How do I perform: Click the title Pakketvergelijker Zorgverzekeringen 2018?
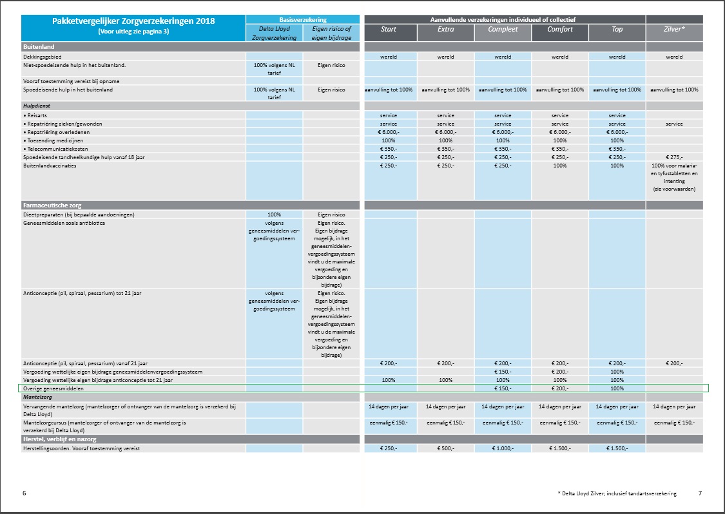(x=133, y=21)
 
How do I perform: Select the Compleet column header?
(x=503, y=29)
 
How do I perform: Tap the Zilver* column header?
(x=674, y=29)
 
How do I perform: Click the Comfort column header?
(x=560, y=29)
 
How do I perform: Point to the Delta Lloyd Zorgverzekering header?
(x=274, y=33)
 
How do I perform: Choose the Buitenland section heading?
(x=39, y=46)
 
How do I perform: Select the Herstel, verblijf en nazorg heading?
(x=60, y=439)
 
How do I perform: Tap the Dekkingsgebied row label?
(x=42, y=57)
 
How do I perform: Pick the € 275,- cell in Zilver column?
(x=674, y=157)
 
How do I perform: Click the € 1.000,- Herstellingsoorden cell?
(x=503, y=448)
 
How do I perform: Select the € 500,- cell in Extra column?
(x=446, y=448)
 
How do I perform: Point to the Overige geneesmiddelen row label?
(x=53, y=389)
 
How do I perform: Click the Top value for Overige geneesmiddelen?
(x=617, y=389)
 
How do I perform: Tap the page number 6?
(x=24, y=493)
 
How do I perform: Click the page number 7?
(x=700, y=493)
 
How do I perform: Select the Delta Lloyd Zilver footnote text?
(x=617, y=493)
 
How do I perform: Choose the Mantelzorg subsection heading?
(x=37, y=397)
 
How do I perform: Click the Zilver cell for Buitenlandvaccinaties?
(x=674, y=178)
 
